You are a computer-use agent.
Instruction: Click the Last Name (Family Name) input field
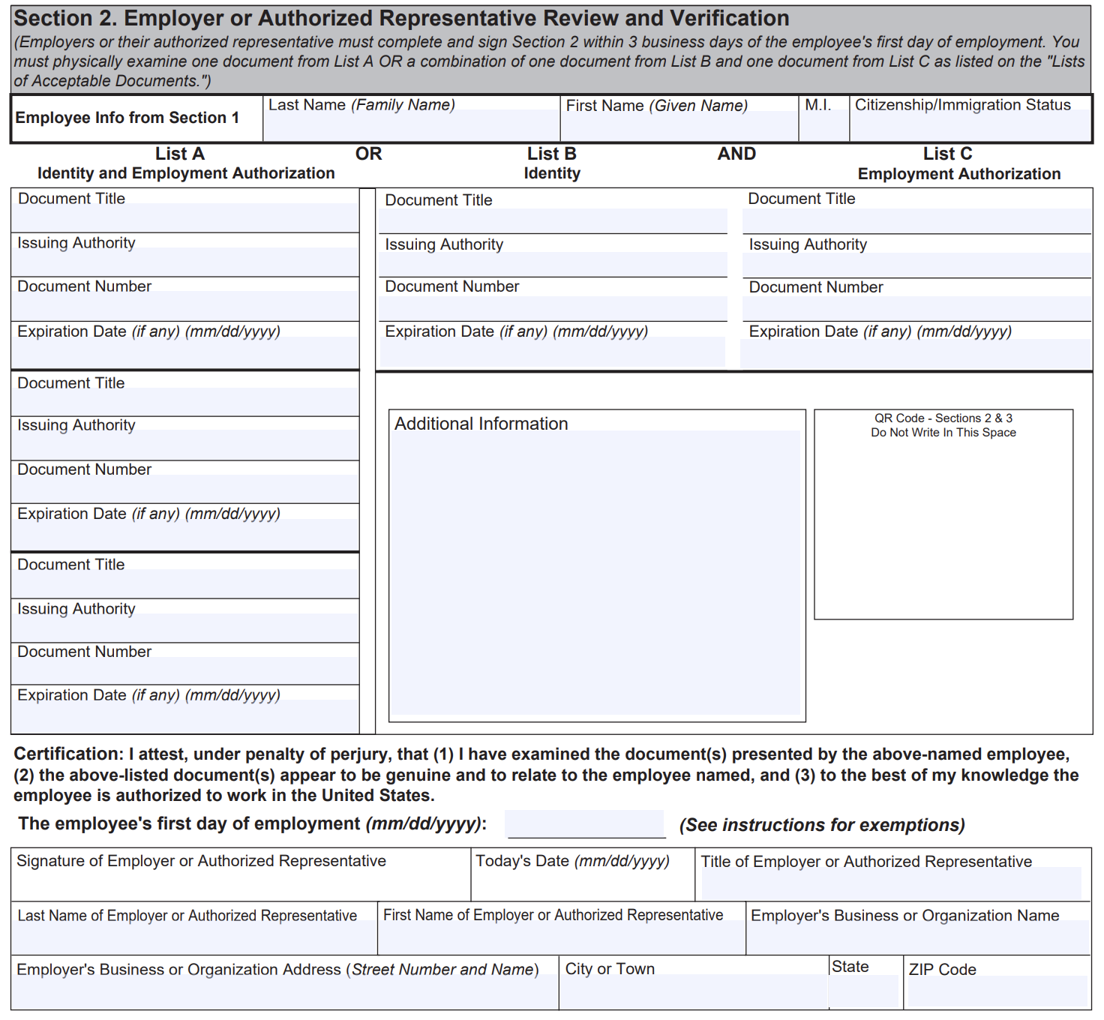coord(411,125)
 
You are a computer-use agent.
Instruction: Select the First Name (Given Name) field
coord(679,125)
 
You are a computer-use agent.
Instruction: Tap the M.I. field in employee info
coord(823,125)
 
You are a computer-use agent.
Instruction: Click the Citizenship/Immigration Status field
coord(970,125)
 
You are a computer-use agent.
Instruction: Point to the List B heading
coord(551,154)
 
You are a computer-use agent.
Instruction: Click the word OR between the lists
coord(368,154)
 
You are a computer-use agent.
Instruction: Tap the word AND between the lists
coord(736,154)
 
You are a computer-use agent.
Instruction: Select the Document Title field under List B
coord(553,220)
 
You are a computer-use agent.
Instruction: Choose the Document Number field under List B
coord(553,308)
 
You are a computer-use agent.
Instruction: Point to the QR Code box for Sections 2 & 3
coord(943,525)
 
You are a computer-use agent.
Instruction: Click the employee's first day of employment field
coord(586,824)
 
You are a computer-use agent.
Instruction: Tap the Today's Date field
coord(583,884)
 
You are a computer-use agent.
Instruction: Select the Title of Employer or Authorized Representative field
coord(891,884)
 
